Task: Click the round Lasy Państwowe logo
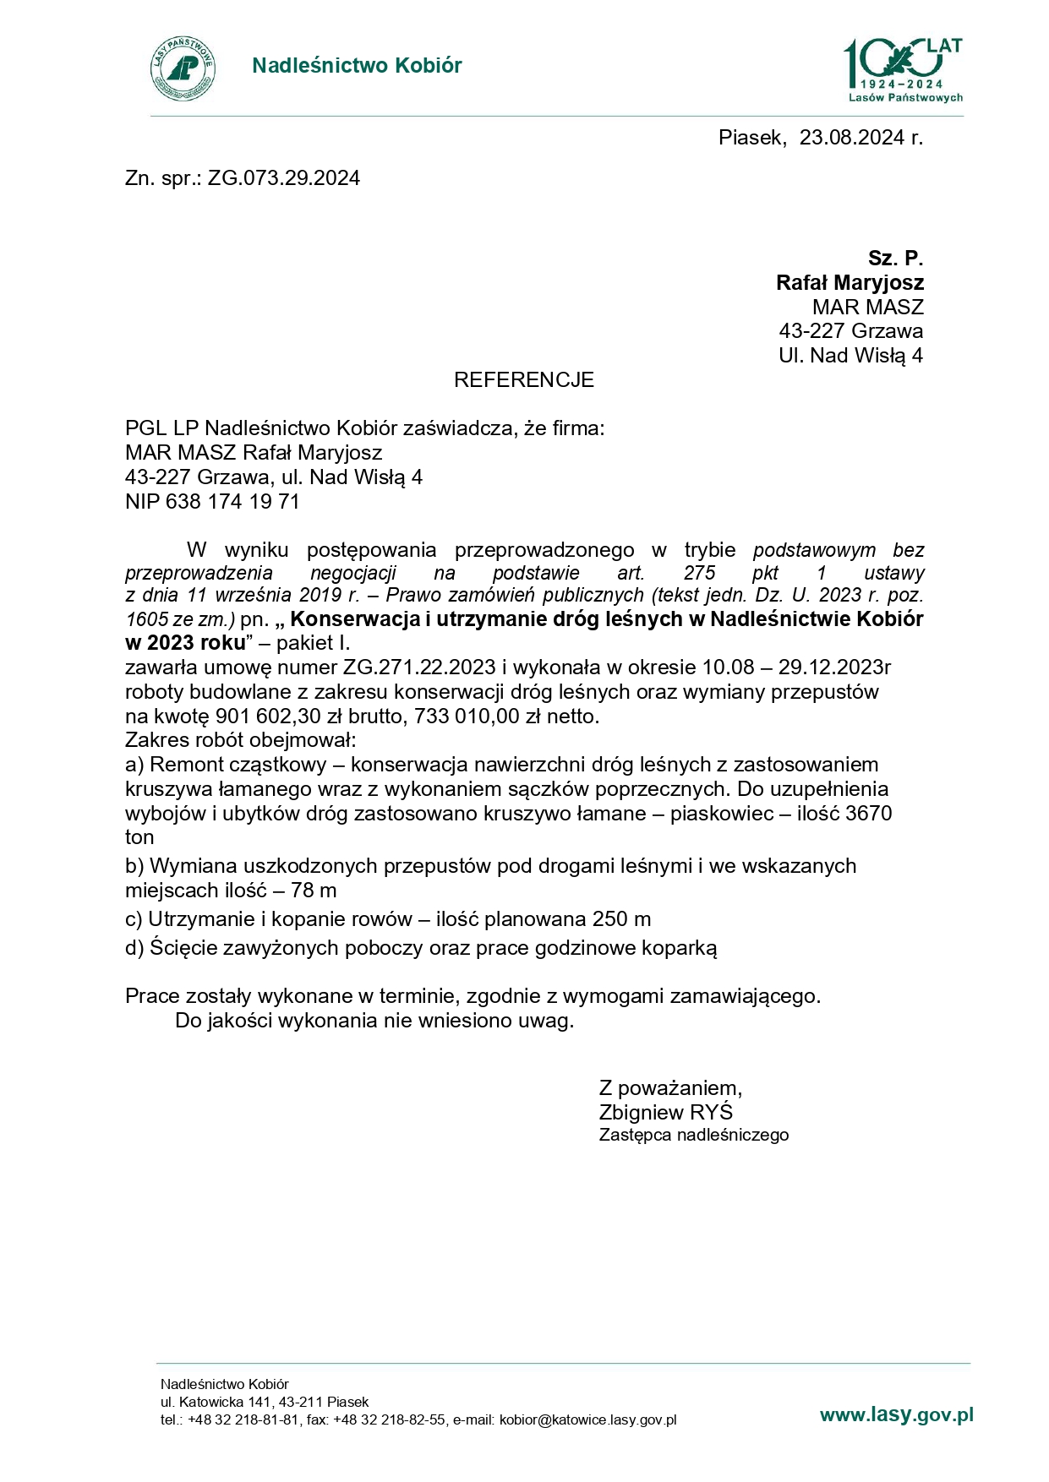183,68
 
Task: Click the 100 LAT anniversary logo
903,69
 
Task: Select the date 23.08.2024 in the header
851,138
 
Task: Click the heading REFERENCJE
523,380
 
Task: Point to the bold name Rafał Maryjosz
850,282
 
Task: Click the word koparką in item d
682,948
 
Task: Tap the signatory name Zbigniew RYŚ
665,1112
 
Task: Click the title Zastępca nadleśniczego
693,1136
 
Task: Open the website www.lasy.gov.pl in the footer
896,1415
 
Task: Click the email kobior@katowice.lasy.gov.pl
587,1420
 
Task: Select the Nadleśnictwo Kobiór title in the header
357,66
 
